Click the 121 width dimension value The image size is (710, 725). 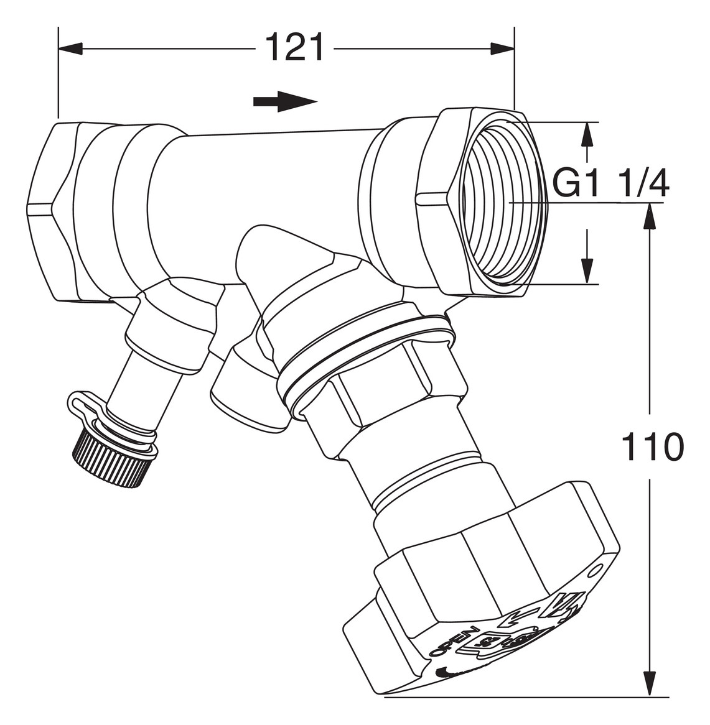pyautogui.click(x=295, y=48)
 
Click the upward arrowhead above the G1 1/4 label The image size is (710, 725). pyautogui.click(x=586, y=134)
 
